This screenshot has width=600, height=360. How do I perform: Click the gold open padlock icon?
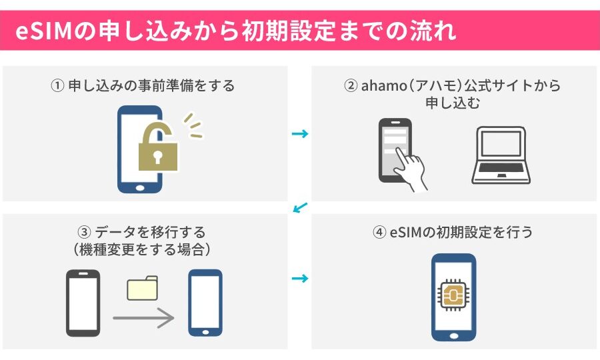(x=157, y=148)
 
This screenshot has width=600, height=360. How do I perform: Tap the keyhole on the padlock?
(x=157, y=157)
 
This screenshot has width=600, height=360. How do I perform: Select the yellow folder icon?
(x=143, y=288)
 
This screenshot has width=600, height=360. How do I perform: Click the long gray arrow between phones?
(x=143, y=317)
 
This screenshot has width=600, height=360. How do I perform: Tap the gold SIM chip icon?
(x=454, y=295)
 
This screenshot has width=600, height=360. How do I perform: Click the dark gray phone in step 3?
(x=83, y=303)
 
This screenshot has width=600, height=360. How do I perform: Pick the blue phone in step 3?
(x=205, y=303)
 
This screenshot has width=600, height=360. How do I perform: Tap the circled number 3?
(x=84, y=232)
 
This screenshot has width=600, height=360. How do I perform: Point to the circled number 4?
(x=379, y=232)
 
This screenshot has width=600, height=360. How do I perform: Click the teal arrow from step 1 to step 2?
(x=300, y=133)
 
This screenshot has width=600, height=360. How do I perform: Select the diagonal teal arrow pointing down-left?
(x=301, y=208)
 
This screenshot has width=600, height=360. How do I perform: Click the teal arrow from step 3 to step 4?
(x=300, y=278)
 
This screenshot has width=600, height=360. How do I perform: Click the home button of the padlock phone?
(x=140, y=188)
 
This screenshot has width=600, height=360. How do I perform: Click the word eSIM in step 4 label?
(x=406, y=232)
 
